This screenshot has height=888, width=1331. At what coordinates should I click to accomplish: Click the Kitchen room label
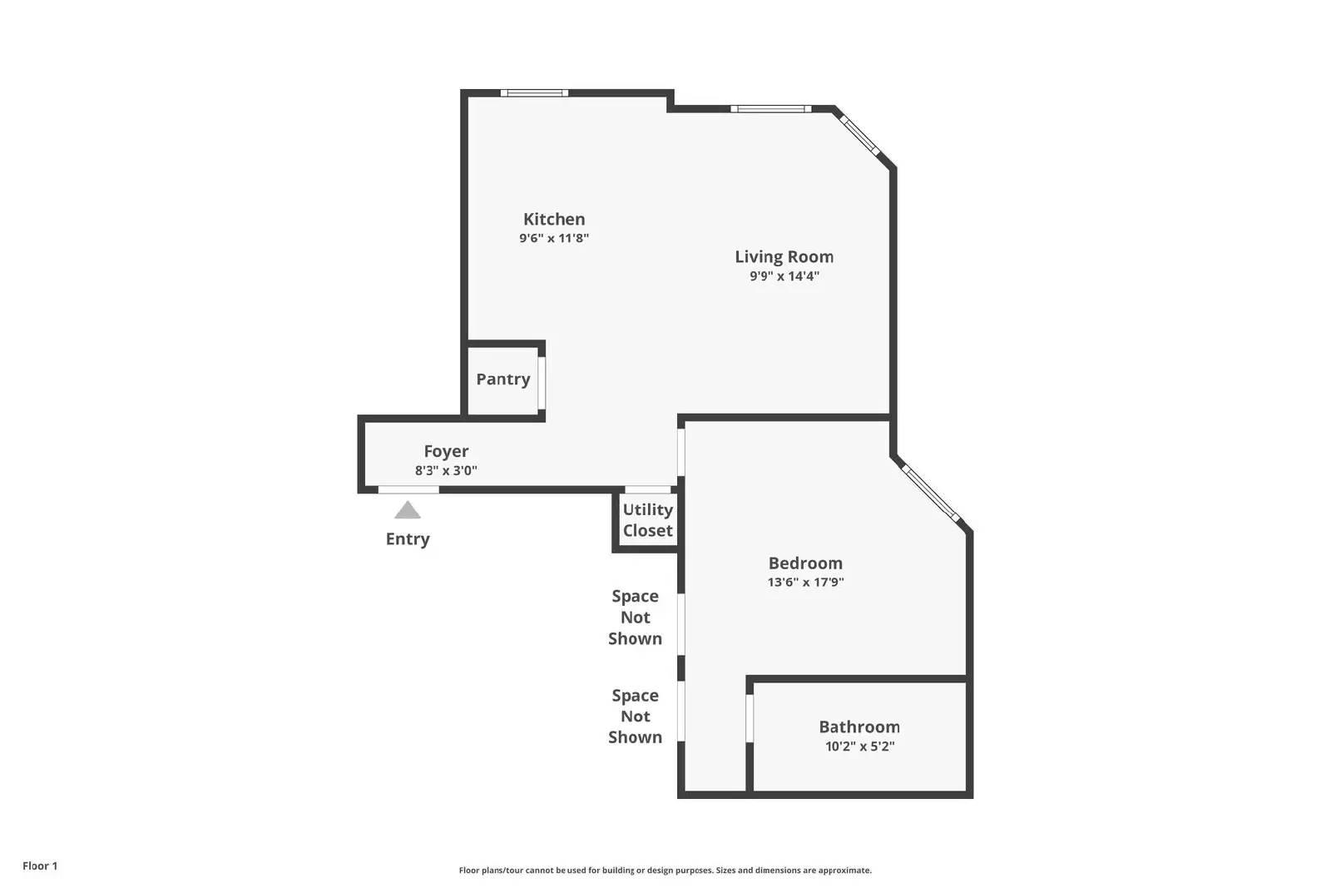click(x=554, y=219)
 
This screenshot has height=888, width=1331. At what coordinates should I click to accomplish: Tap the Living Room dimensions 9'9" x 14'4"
click(x=784, y=276)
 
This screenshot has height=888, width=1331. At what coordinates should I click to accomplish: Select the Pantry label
click(x=502, y=380)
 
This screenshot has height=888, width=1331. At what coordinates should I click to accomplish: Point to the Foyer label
click(x=446, y=451)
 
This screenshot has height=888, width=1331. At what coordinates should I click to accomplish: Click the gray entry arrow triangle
click(x=408, y=510)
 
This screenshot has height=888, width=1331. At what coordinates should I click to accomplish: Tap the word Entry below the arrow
click(x=408, y=539)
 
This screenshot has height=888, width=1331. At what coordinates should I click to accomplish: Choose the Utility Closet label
click(x=647, y=520)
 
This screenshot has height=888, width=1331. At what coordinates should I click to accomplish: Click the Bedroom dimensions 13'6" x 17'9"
click(x=805, y=583)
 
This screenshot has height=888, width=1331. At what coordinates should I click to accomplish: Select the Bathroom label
click(x=859, y=727)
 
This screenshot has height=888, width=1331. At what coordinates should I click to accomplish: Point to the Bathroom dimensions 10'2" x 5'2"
click(x=859, y=747)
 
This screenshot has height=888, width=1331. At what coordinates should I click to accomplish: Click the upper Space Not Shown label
click(x=635, y=618)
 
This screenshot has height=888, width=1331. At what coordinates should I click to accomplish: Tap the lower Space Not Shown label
click(x=635, y=716)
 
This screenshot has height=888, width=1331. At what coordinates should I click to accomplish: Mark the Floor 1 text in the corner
click(x=40, y=866)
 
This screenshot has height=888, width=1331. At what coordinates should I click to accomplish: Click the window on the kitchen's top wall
click(x=535, y=93)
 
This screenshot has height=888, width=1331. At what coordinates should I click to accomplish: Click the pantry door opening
click(x=542, y=382)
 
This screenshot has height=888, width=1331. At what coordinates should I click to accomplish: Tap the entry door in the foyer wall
click(x=408, y=489)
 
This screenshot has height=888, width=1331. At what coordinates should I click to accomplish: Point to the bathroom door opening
click(x=750, y=717)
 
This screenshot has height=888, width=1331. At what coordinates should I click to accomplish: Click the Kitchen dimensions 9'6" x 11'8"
click(x=554, y=239)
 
